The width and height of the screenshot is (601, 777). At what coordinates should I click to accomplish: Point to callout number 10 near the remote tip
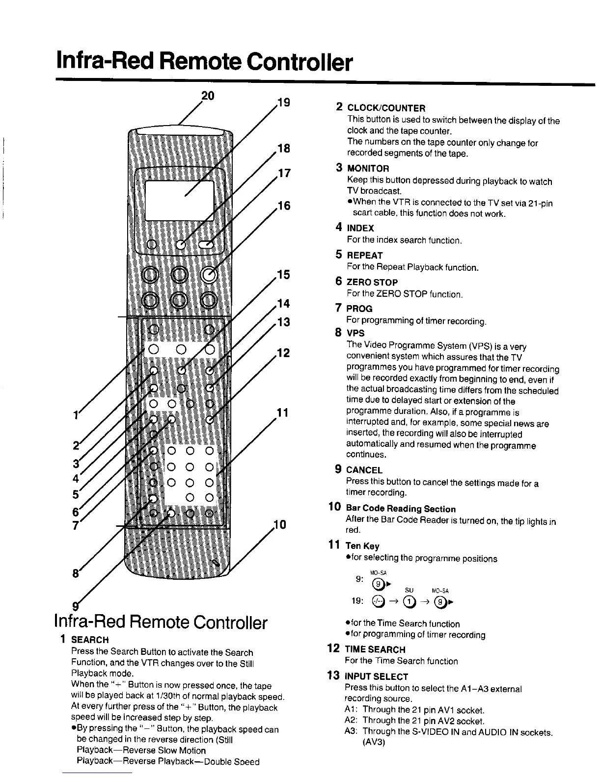coord(279,525)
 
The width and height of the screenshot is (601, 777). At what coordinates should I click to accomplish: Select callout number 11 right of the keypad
coord(282,412)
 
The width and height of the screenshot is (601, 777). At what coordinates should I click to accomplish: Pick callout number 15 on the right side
coord(283,274)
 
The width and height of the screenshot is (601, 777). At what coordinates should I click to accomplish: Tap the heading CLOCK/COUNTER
coord(386,108)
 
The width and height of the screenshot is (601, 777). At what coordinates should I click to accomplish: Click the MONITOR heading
coord(368,169)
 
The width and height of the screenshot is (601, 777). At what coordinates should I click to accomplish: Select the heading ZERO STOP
coord(372,283)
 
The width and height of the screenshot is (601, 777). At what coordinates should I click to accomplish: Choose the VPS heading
coord(355,333)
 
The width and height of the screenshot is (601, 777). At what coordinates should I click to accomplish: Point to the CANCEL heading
coord(364,470)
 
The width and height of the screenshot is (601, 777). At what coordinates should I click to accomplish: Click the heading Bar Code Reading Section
coord(401,509)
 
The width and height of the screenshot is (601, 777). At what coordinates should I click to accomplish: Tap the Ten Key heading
coord(362,546)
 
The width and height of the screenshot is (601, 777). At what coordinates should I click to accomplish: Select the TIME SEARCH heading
coord(375,649)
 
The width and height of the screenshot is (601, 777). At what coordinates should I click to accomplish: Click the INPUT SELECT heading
coord(377,676)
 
